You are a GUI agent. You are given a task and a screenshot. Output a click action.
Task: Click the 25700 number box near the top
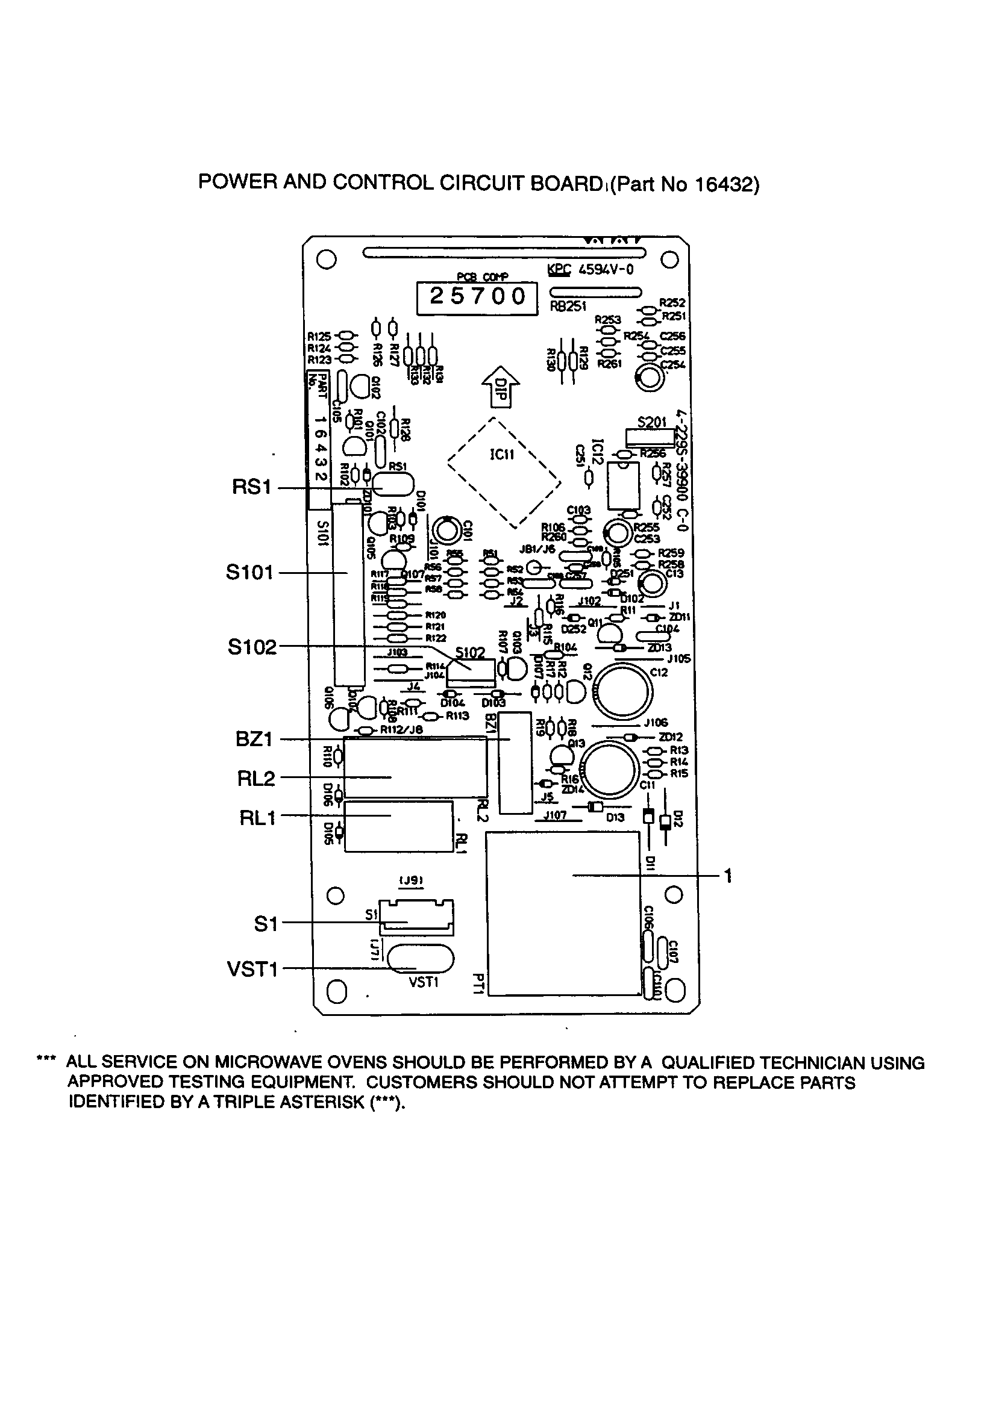477,297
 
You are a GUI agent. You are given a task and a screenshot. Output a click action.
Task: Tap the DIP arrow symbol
501,388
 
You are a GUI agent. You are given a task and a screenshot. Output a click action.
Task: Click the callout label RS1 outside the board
252,488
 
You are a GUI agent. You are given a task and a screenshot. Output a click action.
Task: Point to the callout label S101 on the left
249,573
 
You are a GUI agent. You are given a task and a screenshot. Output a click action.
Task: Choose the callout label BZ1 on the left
254,739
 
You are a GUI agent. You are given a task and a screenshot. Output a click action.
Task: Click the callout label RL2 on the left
256,779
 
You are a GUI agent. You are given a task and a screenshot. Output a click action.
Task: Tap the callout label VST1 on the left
252,970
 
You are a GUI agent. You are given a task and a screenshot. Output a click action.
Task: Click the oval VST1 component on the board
421,960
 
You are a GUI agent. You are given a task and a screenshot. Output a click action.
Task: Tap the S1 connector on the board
416,918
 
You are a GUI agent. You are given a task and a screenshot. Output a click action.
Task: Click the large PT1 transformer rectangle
563,913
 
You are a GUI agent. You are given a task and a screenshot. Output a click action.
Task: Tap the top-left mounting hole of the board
327,260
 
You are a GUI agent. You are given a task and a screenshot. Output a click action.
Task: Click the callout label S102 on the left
252,647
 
